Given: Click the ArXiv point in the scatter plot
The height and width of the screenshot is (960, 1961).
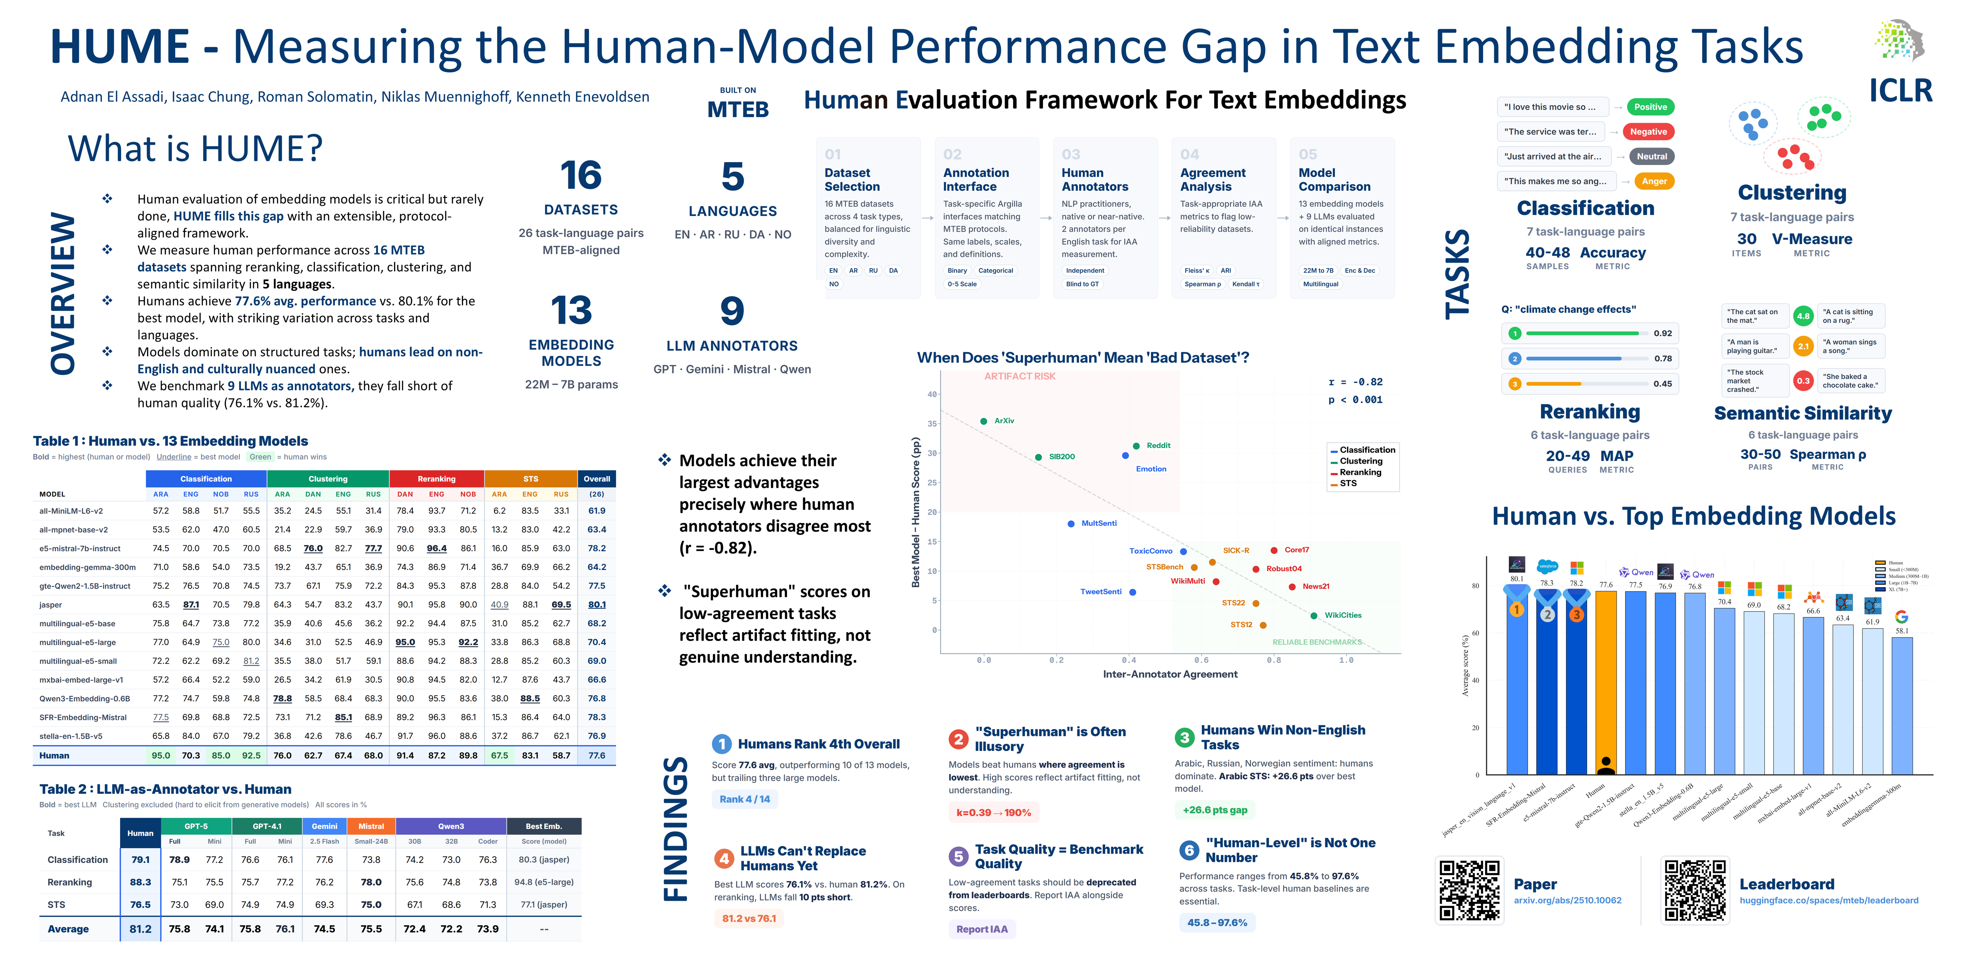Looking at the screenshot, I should pos(984,421).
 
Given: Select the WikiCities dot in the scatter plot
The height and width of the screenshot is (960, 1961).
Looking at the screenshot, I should pos(1314,615).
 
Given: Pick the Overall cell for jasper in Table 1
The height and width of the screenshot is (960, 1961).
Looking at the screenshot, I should pos(597,605).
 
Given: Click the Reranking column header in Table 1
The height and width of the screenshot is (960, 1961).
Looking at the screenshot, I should pos(436,479).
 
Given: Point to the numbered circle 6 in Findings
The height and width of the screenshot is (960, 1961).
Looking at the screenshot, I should pos(1189,850).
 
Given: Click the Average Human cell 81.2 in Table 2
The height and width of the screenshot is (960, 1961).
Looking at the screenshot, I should pos(140,929).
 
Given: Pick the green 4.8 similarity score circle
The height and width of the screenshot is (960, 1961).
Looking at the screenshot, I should pos(1803,316).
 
